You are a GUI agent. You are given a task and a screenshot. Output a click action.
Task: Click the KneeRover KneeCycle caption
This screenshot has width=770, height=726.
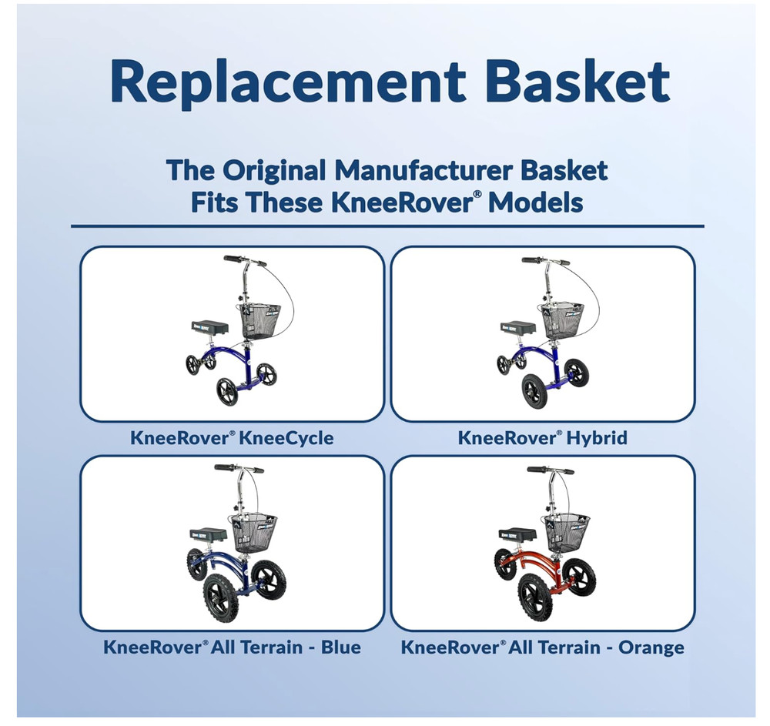click(232, 438)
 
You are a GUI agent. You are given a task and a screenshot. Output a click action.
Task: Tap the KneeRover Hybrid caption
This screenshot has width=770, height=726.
click(543, 438)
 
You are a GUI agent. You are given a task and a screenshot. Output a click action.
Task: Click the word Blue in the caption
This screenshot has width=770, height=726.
click(342, 647)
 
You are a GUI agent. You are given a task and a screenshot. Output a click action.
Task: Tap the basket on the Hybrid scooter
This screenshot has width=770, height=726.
click(563, 319)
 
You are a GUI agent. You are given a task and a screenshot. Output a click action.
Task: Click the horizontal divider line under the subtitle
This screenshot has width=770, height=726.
click(387, 226)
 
